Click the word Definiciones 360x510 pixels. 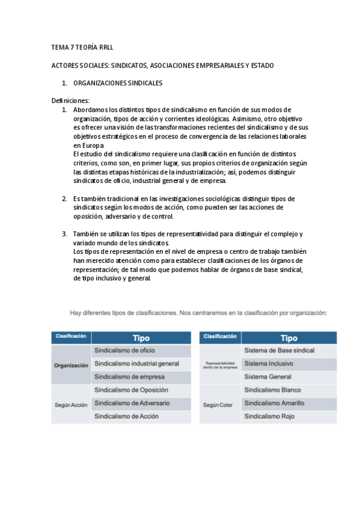click(70, 100)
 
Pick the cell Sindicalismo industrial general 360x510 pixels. click(137, 363)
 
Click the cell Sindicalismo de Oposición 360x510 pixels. click(132, 390)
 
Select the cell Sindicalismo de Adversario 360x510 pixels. click(132, 402)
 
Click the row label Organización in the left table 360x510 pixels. click(71, 364)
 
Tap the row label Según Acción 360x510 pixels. click(71, 405)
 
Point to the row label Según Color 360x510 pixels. click(218, 405)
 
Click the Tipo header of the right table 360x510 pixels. click(289, 338)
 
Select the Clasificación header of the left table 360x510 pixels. click(71, 337)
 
